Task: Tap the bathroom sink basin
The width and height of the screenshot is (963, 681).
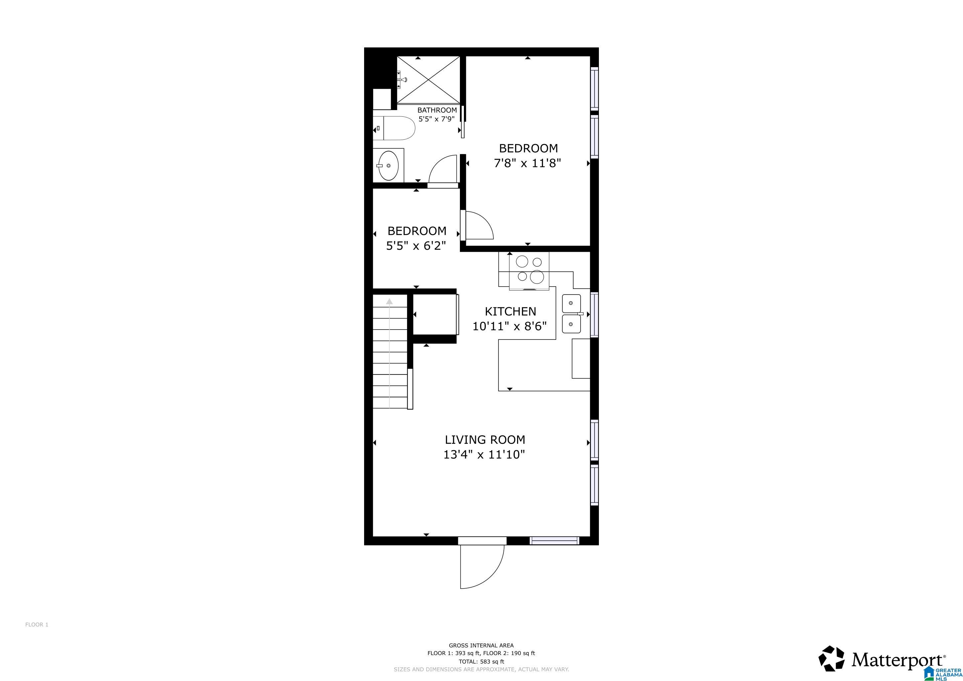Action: pos(388,165)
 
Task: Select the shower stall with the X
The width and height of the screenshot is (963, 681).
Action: pos(428,80)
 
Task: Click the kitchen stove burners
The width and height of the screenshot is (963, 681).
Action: pos(529,269)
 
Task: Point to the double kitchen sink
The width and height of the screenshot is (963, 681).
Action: pos(571,314)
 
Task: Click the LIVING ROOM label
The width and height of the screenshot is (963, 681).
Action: pos(485,440)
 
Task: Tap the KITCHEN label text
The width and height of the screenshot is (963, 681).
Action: pos(510,311)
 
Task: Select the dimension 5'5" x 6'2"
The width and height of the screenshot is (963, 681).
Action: pos(416,246)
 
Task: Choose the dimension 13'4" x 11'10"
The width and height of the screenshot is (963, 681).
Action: pos(484,455)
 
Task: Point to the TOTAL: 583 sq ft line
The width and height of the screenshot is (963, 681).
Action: pos(481,662)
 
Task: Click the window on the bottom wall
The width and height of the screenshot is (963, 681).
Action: pos(554,541)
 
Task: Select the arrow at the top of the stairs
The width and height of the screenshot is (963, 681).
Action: pos(390,301)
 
